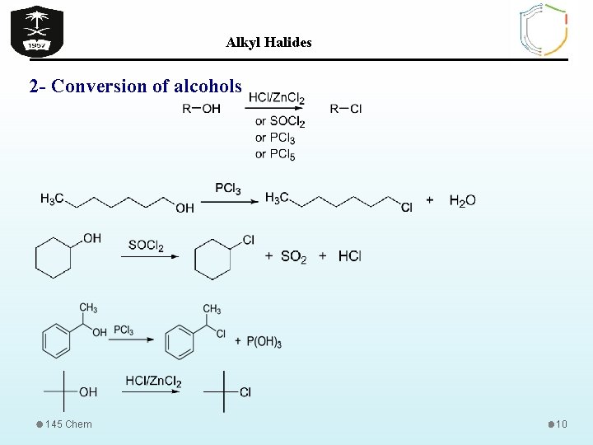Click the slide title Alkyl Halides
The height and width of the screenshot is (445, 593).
pyautogui.click(x=268, y=43)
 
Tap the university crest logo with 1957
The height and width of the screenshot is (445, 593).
pyautogui.click(x=36, y=30)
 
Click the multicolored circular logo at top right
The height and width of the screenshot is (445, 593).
pyautogui.click(x=544, y=30)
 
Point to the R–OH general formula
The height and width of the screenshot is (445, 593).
pyautogui.click(x=201, y=109)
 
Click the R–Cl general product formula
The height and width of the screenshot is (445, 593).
pyautogui.click(x=346, y=109)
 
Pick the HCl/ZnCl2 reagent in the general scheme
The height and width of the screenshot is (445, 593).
pyautogui.click(x=276, y=99)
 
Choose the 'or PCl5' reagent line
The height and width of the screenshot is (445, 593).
pyautogui.click(x=275, y=154)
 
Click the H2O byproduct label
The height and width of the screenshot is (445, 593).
pyautogui.click(x=462, y=200)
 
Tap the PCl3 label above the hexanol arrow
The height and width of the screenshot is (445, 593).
pyautogui.click(x=228, y=189)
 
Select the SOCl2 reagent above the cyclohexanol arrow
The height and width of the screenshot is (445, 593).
pyautogui.click(x=146, y=246)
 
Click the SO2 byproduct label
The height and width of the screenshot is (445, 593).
pyautogui.click(x=293, y=257)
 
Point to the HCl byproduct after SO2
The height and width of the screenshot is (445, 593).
pyautogui.click(x=349, y=256)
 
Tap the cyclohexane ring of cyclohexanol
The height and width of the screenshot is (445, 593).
pyautogui.click(x=54, y=258)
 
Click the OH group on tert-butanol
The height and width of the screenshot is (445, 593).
pyautogui.click(x=88, y=392)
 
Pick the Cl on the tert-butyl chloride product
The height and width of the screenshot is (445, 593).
pyautogui.click(x=245, y=392)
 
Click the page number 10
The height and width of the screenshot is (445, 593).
pyautogui.click(x=562, y=424)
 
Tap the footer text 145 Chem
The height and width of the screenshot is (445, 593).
pyautogui.click(x=68, y=424)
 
